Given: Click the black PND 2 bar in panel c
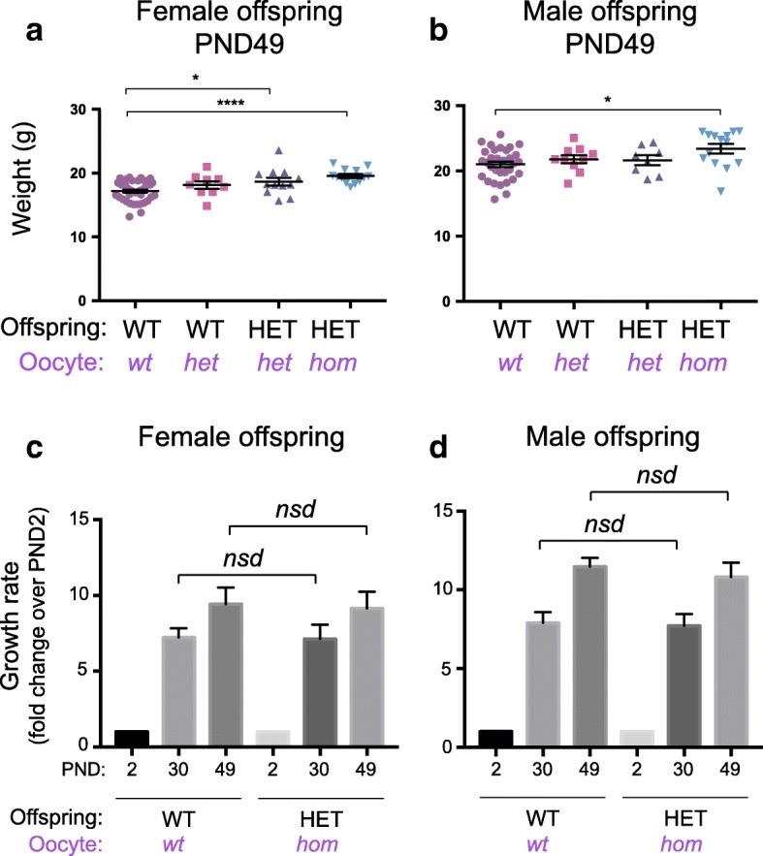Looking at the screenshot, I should tap(131, 738).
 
